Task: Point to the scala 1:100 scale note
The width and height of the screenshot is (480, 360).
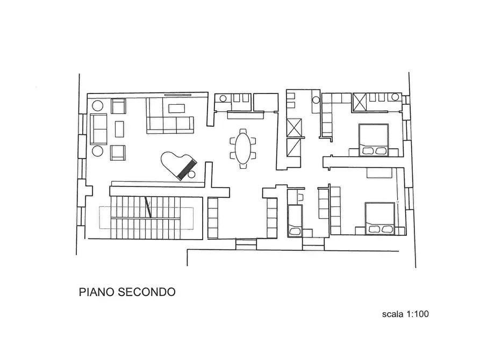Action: tap(405, 314)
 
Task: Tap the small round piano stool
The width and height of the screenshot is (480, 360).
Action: tap(192, 175)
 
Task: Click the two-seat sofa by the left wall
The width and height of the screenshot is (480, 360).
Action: tap(98, 127)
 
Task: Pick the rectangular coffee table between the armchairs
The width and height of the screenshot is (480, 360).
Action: tap(119, 128)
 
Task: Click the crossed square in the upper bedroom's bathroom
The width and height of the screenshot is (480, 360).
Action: tap(360, 100)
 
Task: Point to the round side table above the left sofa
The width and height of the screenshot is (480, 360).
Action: tap(97, 105)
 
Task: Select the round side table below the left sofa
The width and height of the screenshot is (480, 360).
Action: tap(97, 151)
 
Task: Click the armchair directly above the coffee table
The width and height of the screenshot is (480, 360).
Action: tap(118, 106)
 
